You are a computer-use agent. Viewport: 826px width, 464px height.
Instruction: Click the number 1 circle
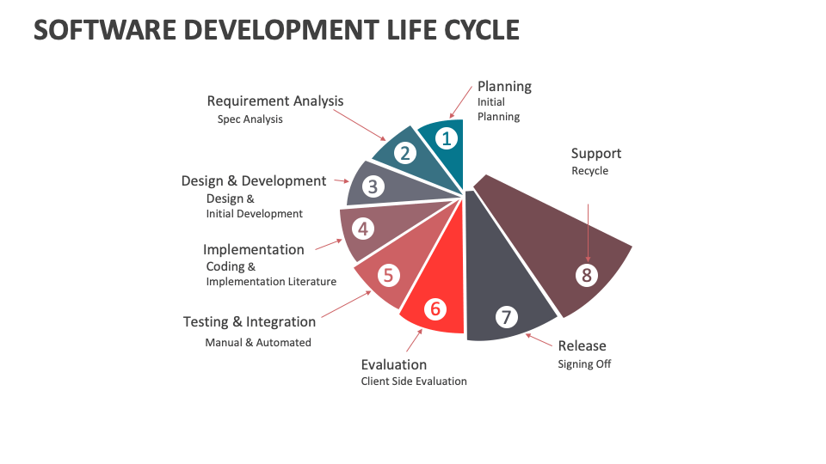coord(445,137)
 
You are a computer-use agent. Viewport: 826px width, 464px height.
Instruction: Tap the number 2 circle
coord(405,154)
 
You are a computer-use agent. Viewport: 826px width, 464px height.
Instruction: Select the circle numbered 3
coord(373,186)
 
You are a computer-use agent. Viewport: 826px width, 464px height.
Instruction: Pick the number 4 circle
coord(363,229)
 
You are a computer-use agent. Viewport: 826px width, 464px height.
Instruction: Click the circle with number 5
coord(388,275)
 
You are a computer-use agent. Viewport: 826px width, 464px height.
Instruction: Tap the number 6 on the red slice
coord(435,308)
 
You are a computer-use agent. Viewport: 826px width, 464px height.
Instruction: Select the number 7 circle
coord(506,317)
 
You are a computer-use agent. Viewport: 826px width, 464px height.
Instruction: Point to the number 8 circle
coord(587,275)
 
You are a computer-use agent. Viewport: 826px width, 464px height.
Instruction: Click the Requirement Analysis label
coord(275,101)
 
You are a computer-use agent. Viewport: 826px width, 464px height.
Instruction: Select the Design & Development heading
coord(254,181)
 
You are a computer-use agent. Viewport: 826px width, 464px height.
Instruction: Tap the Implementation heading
coord(254,250)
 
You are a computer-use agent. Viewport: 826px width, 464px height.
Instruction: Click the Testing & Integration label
coord(250,322)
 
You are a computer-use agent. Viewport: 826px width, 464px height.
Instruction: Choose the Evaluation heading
coord(393,365)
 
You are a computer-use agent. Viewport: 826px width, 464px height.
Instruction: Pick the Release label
coord(582,346)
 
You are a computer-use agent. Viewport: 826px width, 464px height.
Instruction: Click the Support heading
coord(596,154)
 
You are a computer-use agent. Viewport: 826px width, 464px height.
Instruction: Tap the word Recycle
coord(589,171)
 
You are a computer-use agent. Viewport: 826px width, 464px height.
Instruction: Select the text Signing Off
coord(584,364)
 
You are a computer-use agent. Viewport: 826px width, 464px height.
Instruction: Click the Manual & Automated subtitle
coord(258,343)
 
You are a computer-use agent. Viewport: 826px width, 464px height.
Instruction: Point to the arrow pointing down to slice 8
coord(589,232)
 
